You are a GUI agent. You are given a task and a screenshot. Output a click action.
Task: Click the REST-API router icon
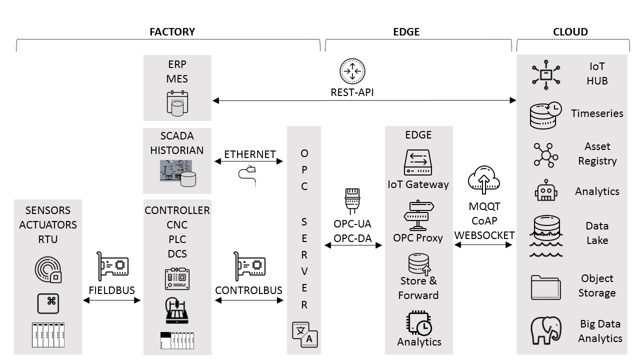352,71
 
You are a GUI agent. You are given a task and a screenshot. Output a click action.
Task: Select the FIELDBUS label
112,290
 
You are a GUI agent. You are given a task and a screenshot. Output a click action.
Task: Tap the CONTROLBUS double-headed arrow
249,300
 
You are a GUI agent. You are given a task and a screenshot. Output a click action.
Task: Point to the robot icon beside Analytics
546,191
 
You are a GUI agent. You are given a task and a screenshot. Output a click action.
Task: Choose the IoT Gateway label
418,184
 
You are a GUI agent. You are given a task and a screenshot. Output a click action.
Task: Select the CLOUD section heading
570,32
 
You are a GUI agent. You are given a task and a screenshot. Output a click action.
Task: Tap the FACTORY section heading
172,32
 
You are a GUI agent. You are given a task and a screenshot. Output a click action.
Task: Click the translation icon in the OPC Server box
304,333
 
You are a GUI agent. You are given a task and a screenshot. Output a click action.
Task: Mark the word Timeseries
597,113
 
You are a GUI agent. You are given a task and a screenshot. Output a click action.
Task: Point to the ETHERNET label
249,154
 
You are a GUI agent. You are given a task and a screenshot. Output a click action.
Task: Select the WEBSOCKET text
484,235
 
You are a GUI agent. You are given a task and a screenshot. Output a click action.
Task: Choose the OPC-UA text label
352,223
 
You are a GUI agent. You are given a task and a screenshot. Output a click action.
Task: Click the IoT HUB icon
545,74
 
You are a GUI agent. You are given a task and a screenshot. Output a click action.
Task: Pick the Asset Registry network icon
545,154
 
